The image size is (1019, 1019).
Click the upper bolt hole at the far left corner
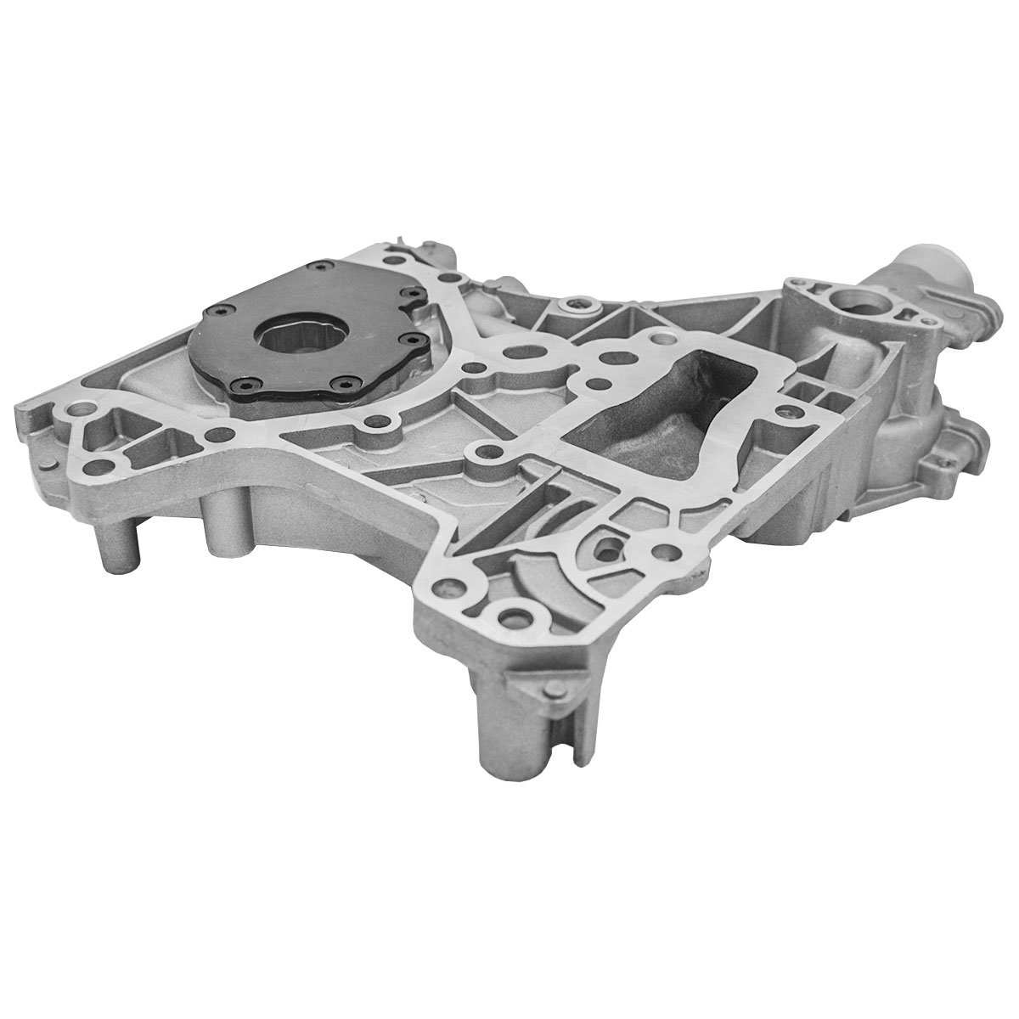tap(82, 410)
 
